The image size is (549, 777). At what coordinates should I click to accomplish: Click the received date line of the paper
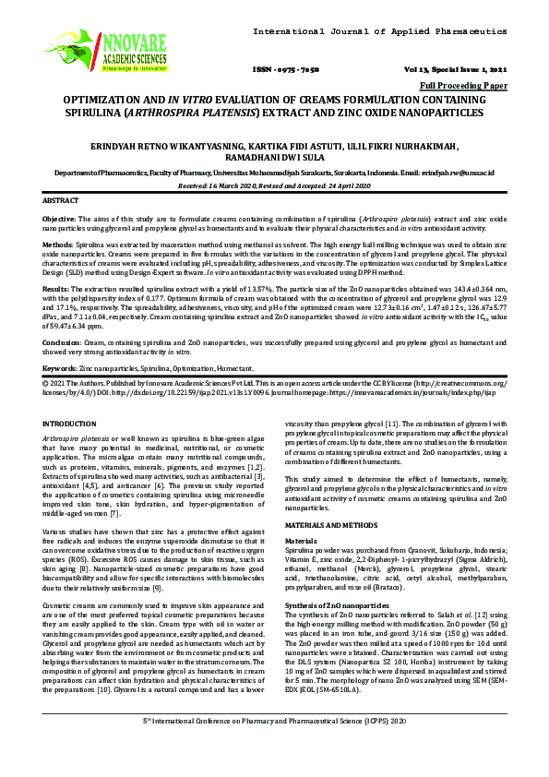(x=275, y=185)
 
